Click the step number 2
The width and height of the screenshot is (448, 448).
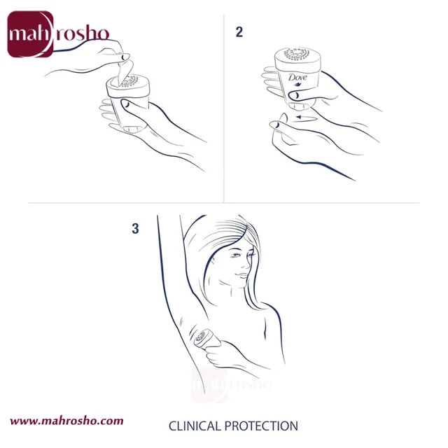[x=239, y=32]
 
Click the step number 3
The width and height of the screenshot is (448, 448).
[x=135, y=229]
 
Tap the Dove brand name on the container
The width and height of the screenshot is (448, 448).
[x=297, y=77]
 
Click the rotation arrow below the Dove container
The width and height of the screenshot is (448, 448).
[x=306, y=117]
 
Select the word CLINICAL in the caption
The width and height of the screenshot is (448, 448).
[x=195, y=426]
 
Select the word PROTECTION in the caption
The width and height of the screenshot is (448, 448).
[x=261, y=426]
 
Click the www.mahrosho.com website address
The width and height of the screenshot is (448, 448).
[x=66, y=421]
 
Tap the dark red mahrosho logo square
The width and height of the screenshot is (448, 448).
[x=30, y=34]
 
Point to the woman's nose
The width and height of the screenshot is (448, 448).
[x=245, y=264]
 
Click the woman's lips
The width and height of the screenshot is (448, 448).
[x=241, y=276]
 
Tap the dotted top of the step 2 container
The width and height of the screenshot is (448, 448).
[x=297, y=55]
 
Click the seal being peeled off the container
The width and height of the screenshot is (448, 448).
[x=123, y=71]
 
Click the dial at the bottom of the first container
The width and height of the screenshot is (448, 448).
[x=133, y=129]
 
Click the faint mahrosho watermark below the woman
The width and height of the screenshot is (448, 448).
[x=231, y=384]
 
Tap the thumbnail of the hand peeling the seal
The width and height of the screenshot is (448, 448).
[x=125, y=57]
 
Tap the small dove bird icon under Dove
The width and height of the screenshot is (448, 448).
[x=297, y=84]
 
